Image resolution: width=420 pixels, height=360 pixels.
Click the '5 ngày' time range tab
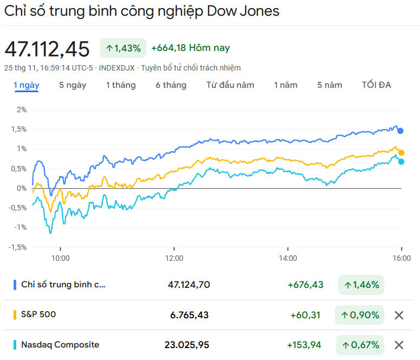click(73, 85)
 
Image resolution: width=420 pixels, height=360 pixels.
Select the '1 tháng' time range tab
click(121, 85)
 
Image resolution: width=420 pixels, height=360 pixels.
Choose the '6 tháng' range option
click(171, 85)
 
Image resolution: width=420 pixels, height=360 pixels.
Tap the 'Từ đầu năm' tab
click(230, 85)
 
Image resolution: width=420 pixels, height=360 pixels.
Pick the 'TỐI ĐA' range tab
click(377, 85)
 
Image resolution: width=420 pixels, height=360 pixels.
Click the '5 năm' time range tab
click(329, 85)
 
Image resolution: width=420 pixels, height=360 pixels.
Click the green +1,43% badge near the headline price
click(123, 48)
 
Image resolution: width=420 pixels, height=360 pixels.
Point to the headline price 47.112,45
click(47, 49)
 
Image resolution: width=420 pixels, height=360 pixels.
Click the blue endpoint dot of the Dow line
click(400, 131)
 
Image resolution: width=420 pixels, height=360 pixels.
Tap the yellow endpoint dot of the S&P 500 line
click(401, 153)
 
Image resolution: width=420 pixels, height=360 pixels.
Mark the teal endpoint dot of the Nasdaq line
click(401, 162)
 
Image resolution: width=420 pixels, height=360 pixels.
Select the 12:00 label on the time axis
click(174, 258)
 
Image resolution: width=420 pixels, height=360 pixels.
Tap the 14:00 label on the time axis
click(288, 258)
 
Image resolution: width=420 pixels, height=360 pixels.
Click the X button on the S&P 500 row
click(399, 315)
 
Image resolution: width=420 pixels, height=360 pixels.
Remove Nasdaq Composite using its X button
click(399, 345)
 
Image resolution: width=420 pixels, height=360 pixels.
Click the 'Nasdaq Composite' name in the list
click(60, 344)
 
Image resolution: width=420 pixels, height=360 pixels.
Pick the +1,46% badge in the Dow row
click(361, 285)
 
